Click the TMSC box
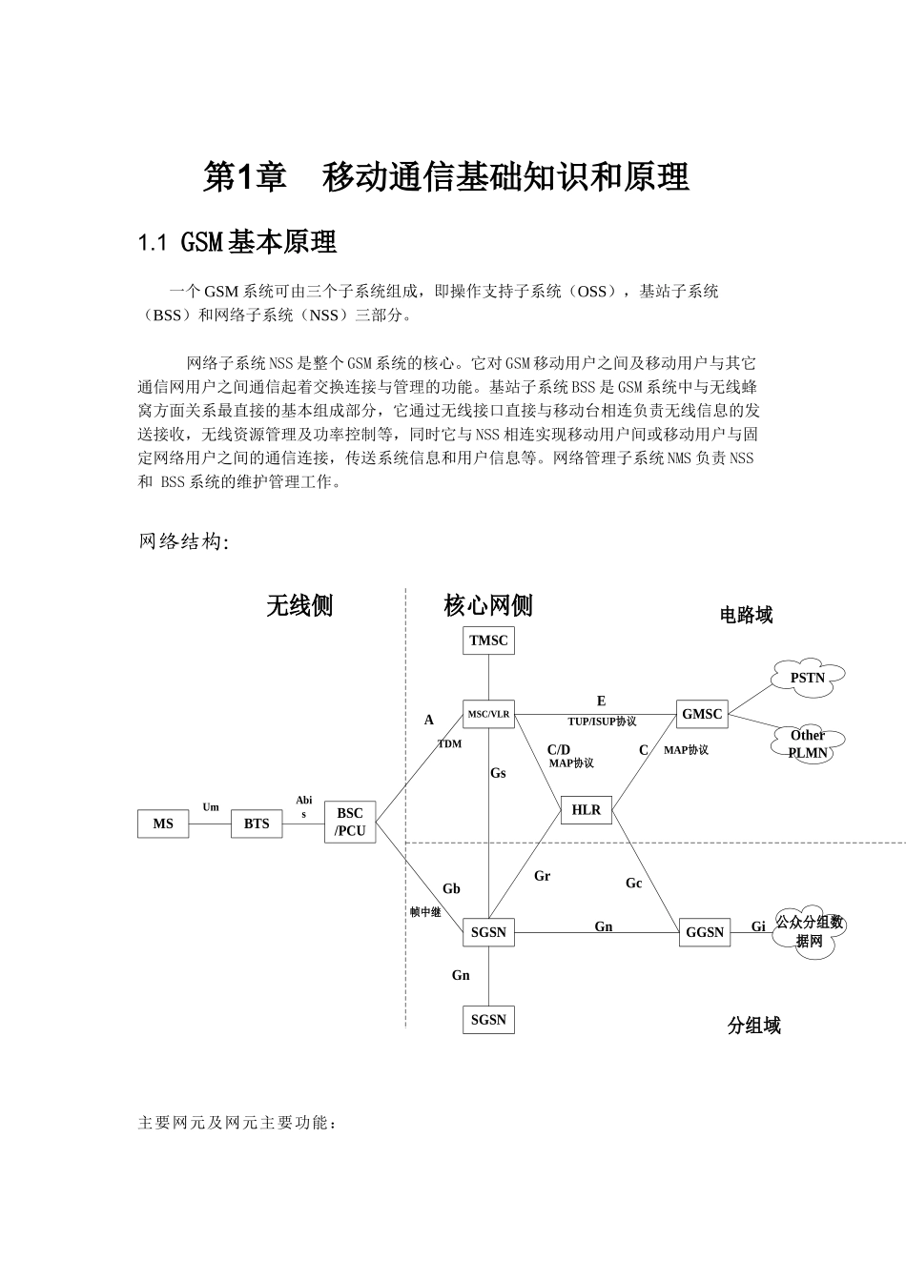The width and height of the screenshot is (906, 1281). [x=488, y=640]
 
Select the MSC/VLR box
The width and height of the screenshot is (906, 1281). [x=488, y=714]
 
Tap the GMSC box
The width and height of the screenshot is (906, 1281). [x=702, y=714]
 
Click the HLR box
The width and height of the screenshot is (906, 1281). [x=587, y=810]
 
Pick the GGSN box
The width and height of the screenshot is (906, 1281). [x=705, y=932]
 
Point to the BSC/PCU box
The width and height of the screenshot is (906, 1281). [x=350, y=823]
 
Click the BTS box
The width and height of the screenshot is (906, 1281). [x=257, y=823]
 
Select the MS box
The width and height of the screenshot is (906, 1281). [x=163, y=823]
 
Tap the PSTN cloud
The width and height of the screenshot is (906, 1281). [x=807, y=678]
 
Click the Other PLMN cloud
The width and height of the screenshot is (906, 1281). [x=807, y=743]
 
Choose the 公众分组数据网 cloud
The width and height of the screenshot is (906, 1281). [x=809, y=932]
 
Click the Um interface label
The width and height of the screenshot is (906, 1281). [x=211, y=807]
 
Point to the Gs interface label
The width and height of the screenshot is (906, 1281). [x=498, y=773]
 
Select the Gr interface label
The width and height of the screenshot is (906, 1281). [x=542, y=876]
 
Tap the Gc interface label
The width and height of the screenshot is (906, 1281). [x=634, y=884]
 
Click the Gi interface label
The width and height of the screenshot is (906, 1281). [x=758, y=926]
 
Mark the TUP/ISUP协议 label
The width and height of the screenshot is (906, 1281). [x=602, y=722]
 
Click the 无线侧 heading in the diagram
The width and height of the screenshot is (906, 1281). [x=299, y=605]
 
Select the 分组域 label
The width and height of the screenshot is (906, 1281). [x=753, y=1026]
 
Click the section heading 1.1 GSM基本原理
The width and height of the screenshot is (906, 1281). [x=237, y=243]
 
